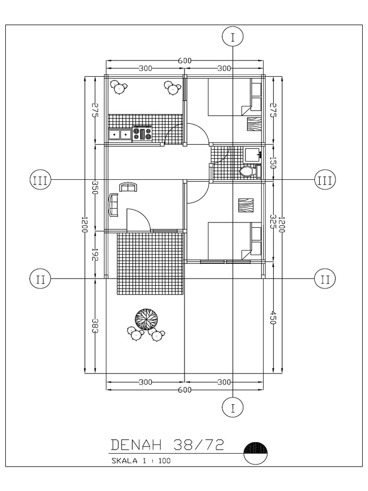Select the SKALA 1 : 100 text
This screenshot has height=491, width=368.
pyautogui.click(x=140, y=461)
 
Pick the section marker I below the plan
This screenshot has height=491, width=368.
pyautogui.click(x=233, y=408)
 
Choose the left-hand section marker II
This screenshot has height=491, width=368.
pyautogui.click(x=41, y=279)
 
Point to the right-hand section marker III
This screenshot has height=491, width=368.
pyautogui.click(x=325, y=180)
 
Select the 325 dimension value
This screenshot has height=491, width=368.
pyautogui.click(x=273, y=221)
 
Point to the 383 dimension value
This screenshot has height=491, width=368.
pyautogui.click(x=95, y=326)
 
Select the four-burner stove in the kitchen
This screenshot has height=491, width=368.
pyautogui.click(x=142, y=134)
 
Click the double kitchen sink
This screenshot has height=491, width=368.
pyautogui.click(x=120, y=134)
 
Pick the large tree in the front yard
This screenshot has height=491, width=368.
pyautogui.click(x=146, y=318)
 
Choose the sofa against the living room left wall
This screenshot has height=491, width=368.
pyautogui.click(x=114, y=205)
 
